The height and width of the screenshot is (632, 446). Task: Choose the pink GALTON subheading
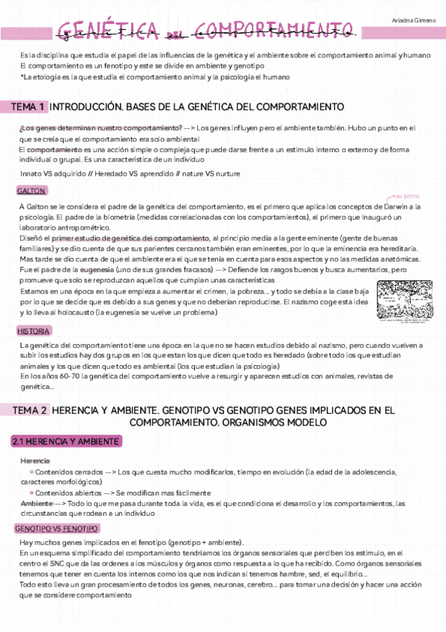(x=31, y=191)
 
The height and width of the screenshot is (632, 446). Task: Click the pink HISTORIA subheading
(x=34, y=331)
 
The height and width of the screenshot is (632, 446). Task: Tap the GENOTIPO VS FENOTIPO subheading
(x=57, y=528)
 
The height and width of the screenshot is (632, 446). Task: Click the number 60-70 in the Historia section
(x=60, y=377)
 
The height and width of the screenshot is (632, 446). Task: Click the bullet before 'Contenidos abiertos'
(x=31, y=493)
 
